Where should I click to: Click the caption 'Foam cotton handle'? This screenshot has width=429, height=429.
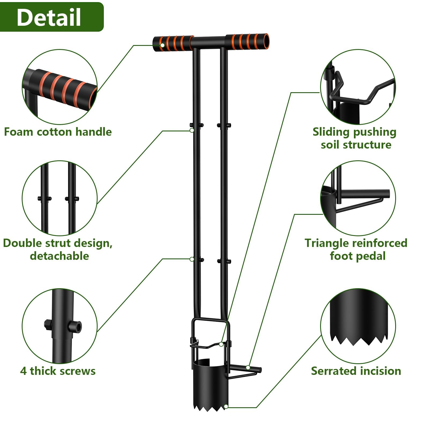58,132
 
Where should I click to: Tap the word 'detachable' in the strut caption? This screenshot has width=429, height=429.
59,256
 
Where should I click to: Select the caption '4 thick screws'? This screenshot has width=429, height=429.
58,371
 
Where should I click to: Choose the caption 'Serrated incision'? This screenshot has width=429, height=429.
356,371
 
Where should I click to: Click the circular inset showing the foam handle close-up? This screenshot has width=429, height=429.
60,87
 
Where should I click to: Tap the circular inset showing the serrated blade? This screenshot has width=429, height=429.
358,326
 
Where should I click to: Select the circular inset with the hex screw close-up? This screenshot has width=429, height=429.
60,326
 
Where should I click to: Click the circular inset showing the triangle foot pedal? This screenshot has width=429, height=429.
358,198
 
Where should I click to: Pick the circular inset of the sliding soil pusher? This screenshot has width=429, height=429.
358,87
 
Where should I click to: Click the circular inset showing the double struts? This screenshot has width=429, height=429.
60,198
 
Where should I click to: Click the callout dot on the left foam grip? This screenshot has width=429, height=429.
162,45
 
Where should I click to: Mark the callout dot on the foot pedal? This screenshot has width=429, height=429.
248,367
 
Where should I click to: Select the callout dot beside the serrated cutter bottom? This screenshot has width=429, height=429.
226,407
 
